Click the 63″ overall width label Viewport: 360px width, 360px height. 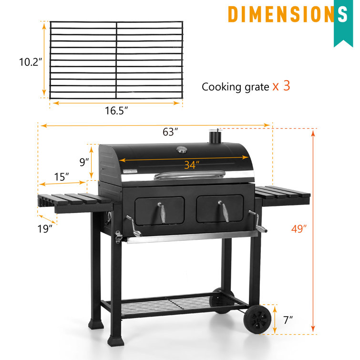click(170, 132)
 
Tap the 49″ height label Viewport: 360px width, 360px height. click(298, 229)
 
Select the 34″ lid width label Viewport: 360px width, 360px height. click(192, 165)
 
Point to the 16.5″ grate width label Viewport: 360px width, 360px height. click(116, 111)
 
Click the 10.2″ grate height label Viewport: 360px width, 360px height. click(31, 62)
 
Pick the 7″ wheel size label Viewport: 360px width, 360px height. click(288, 320)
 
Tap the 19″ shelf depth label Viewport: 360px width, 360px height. click(45, 229)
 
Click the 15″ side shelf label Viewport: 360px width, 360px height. click(62, 177)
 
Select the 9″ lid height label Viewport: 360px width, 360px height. click(84, 162)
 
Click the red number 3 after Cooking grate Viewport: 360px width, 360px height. click(287, 86)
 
